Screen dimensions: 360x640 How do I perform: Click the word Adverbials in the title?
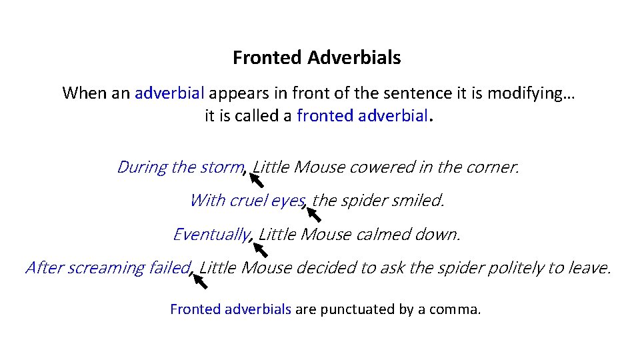[x=354, y=58]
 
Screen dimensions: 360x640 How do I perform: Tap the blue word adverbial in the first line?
[x=169, y=93]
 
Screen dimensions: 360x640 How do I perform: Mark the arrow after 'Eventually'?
[x=259, y=249]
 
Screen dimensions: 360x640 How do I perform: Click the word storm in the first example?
[x=222, y=167]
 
